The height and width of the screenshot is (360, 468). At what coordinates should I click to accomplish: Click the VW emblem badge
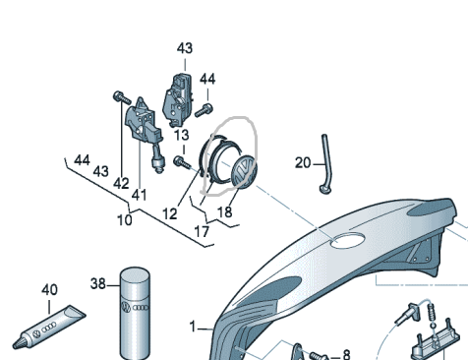coord(244,170)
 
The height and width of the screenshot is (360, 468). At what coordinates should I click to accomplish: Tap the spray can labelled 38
coord(136,314)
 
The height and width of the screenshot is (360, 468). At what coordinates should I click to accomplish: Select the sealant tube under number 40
coord(49,328)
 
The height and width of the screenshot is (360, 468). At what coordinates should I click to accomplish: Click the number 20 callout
coord(303,163)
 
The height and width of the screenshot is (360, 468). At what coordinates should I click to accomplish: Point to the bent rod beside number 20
coord(326,164)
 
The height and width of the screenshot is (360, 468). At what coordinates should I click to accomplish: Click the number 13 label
coord(181,135)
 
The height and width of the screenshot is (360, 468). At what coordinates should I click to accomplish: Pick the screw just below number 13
coord(182,162)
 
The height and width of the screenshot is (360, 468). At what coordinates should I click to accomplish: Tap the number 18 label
coord(224,212)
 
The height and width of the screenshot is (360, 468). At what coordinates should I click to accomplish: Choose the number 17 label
coord(202,232)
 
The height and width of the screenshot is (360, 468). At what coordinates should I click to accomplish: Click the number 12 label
coord(170,214)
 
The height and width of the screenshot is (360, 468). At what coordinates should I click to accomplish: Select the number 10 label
coord(125,220)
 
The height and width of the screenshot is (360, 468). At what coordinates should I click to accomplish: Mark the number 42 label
coord(121,184)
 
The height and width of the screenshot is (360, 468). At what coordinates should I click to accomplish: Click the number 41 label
coord(139,195)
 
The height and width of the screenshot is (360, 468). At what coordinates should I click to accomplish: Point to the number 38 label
coord(98,283)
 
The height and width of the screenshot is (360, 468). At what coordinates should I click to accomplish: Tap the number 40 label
coord(49,290)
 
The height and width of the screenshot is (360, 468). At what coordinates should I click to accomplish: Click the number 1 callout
coord(193,327)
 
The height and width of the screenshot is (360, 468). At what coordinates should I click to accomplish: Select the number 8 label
coord(346,354)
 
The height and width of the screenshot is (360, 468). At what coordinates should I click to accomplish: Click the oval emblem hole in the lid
coord(348,240)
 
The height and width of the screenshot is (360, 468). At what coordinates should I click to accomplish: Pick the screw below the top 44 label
coord(204,110)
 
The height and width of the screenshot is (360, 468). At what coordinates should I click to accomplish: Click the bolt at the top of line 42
coord(122,97)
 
